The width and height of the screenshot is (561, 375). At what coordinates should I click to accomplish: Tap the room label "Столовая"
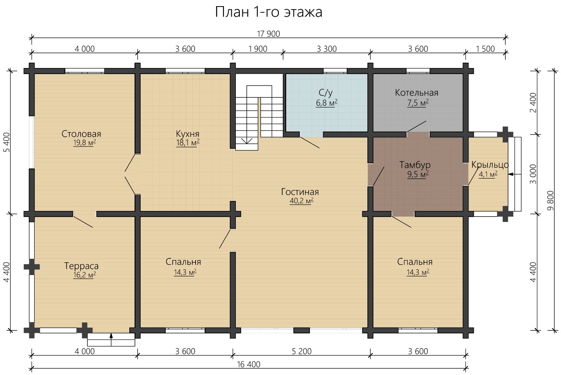(x=82, y=134)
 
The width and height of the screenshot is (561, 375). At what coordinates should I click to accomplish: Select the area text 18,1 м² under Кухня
(x=188, y=143)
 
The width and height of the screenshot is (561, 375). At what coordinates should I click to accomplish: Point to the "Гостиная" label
(x=300, y=192)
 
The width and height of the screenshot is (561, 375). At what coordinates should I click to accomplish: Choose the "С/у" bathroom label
(x=326, y=93)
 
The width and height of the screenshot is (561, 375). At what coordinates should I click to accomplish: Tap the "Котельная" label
(x=417, y=93)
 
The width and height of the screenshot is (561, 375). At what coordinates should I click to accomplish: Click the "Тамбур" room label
(x=415, y=165)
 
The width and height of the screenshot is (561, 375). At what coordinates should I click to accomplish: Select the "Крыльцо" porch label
(x=490, y=165)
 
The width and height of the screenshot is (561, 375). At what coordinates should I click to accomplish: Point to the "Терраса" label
(x=82, y=266)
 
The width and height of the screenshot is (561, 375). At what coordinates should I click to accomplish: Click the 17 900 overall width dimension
(x=269, y=34)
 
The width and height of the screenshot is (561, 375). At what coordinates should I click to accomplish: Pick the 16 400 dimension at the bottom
(x=249, y=364)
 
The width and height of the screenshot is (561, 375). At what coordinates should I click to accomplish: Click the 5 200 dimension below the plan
(x=302, y=351)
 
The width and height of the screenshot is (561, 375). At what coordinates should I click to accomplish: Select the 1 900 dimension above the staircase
(x=258, y=49)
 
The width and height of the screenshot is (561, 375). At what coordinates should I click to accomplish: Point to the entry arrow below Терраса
(x=111, y=339)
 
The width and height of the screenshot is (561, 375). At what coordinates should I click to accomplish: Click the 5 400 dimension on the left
(x=7, y=142)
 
